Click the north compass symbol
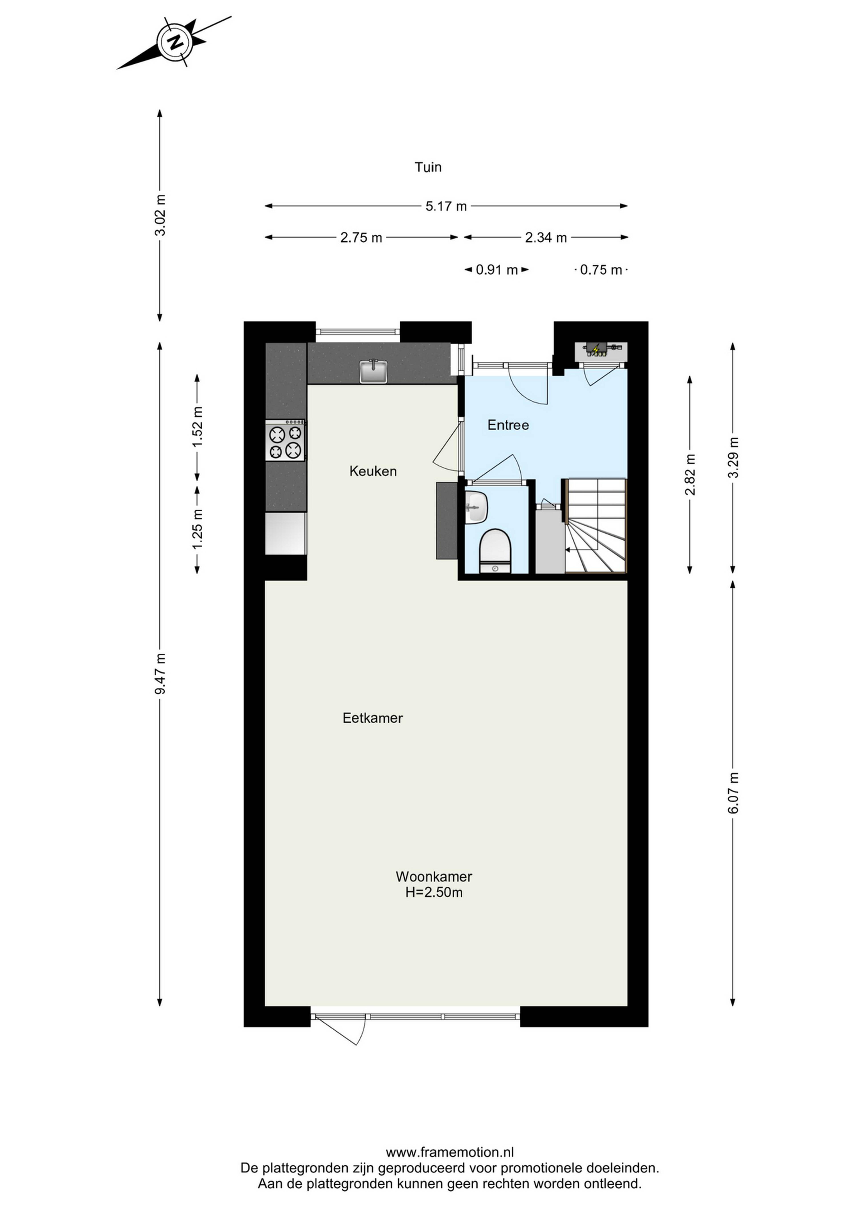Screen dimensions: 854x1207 pos(174,42)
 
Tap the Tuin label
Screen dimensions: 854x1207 pos(428,167)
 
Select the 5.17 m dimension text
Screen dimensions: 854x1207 pos(446,206)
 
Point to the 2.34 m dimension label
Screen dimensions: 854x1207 pos(546,238)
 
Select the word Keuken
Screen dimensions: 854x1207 pos(373,471)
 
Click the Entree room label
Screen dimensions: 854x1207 pos(508,425)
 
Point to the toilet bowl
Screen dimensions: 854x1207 pos(495,550)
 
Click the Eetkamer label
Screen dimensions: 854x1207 pos(373,718)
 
